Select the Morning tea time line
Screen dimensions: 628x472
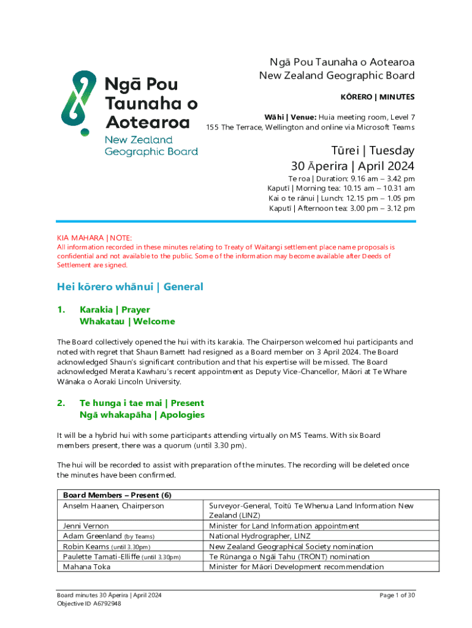341,188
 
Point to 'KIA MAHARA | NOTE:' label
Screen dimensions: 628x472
94,237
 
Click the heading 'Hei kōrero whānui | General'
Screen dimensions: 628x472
130,286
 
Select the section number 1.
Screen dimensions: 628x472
61,310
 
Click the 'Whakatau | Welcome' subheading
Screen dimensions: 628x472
127,321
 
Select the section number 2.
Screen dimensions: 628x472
61,403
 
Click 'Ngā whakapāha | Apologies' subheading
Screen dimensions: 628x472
142,415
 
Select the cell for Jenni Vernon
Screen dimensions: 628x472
86,526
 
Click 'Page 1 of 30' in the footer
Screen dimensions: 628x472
397,595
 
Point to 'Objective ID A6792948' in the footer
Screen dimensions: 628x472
89,603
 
